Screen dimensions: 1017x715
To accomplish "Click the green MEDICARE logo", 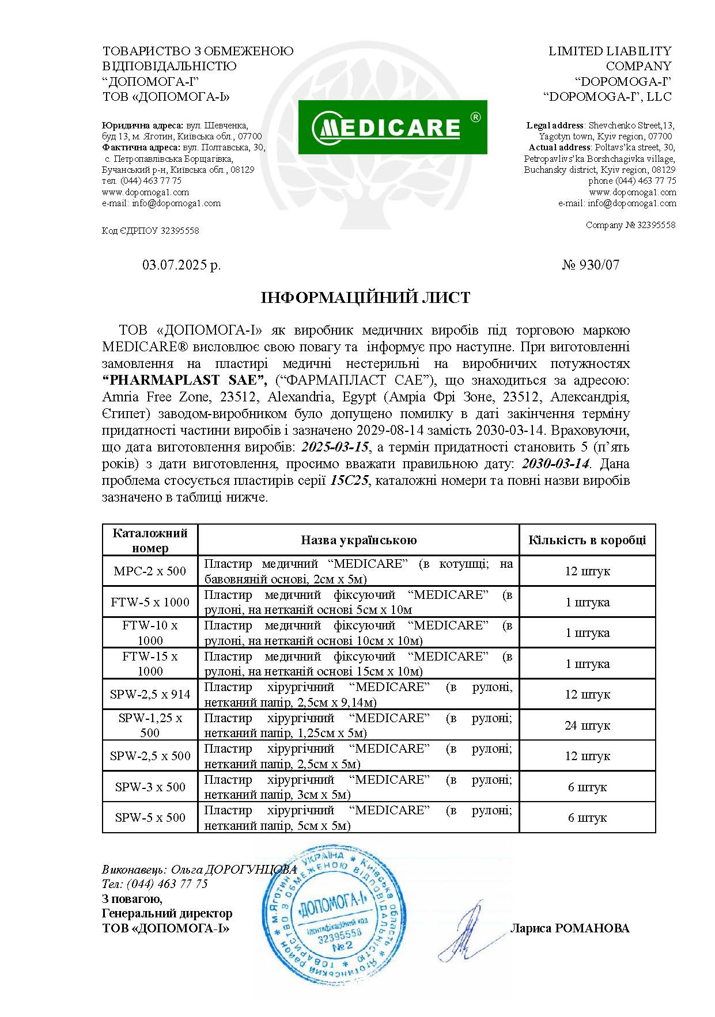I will point(392,127).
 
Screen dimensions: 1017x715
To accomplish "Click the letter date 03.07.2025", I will point(181,265).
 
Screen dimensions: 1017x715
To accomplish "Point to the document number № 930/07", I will point(591,265).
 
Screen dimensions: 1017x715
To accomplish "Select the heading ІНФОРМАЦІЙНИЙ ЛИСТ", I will point(365,298).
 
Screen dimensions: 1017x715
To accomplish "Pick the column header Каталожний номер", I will point(150,540).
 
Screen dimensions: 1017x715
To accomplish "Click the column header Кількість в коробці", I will point(587,540).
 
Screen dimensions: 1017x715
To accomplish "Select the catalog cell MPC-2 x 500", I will point(150,571).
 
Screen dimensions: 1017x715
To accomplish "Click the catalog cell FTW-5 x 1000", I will point(150,602).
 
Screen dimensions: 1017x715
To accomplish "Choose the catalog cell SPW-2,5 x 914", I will point(150,695).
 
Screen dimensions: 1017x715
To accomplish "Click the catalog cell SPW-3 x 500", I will point(150,787).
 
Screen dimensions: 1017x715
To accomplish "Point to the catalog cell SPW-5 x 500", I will point(150,818).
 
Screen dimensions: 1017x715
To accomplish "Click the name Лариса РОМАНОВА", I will point(569,928).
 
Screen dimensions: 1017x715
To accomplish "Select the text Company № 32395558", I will point(630,225).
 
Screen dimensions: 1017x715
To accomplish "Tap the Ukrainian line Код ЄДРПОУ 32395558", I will point(150,231).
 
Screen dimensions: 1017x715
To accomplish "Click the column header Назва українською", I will point(358,540).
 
